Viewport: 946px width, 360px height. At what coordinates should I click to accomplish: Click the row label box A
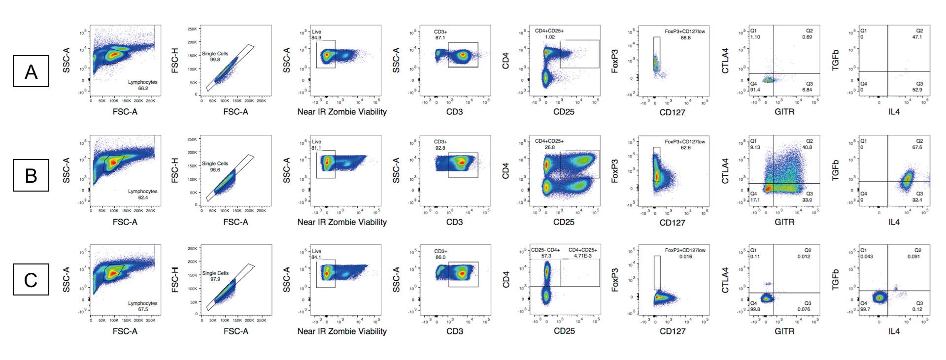[x=31, y=71]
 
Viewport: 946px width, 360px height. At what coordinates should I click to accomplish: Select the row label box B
[x=31, y=175]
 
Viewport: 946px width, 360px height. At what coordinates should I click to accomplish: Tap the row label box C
[x=31, y=280]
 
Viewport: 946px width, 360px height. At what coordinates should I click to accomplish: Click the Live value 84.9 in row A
[x=316, y=38]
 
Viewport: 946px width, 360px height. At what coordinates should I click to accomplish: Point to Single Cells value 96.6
[x=215, y=170]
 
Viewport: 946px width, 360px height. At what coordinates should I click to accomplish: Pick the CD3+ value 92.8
[x=440, y=148]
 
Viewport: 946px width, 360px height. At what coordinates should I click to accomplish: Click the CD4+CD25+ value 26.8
[x=549, y=147]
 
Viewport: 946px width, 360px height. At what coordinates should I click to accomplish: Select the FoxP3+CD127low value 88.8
[x=685, y=37]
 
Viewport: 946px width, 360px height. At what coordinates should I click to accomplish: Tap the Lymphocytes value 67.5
[x=143, y=309]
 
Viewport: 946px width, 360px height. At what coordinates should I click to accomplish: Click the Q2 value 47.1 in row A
[x=917, y=37]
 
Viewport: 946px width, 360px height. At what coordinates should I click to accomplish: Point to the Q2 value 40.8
[x=807, y=147]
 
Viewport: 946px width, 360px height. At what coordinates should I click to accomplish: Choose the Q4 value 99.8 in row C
[x=755, y=309]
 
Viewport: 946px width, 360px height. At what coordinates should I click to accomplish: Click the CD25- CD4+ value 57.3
[x=546, y=256]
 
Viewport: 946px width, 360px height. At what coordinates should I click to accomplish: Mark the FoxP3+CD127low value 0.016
[x=685, y=257]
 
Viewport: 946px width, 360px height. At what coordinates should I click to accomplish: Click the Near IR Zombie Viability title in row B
[x=342, y=222]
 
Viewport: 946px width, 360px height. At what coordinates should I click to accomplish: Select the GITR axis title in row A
[x=784, y=112]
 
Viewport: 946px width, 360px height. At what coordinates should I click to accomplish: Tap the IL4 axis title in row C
[x=894, y=331]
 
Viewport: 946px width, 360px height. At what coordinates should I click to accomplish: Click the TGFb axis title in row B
[x=835, y=170]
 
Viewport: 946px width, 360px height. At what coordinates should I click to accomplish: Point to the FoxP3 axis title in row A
[x=615, y=61]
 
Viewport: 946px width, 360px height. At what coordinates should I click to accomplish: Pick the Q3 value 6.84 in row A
[x=807, y=90]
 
